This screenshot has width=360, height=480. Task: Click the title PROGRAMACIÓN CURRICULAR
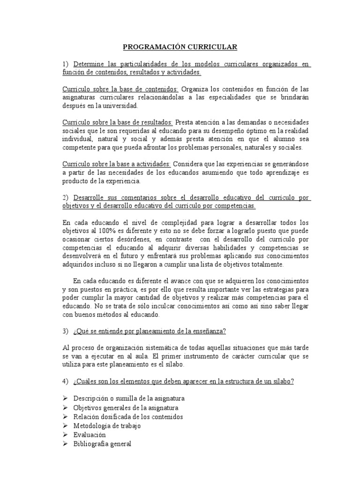pos(180,47)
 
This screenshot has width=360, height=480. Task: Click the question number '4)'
pos(66,381)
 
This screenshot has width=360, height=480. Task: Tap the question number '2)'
pos(66,197)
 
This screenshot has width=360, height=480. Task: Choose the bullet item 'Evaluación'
pos(90,435)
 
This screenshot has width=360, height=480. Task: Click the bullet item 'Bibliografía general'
pos(102,443)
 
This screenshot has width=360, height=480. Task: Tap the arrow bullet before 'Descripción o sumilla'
pos(65,398)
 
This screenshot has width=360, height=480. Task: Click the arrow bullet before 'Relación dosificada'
pos(65,417)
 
